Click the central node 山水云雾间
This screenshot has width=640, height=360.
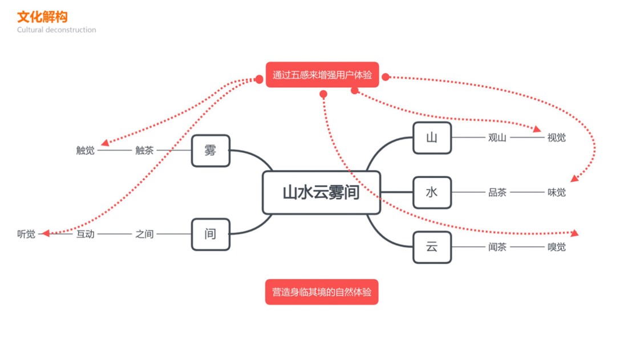click(321, 192)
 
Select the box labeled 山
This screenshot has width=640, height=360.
click(432, 137)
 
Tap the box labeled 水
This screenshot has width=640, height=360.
click(432, 192)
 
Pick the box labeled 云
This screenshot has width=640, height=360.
click(432, 247)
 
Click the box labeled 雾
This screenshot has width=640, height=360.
click(210, 151)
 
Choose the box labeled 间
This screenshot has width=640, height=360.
click(210, 234)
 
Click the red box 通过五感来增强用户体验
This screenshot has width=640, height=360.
click(322, 75)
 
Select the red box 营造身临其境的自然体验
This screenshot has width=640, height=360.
click(322, 292)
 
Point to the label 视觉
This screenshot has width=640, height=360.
click(557, 137)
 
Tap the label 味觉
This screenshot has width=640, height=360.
click(557, 192)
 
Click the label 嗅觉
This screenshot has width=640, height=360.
click(557, 247)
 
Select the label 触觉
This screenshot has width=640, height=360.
click(86, 151)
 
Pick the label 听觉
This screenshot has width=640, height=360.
click(26, 234)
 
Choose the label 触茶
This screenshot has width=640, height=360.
click(144, 151)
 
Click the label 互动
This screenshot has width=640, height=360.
click(86, 234)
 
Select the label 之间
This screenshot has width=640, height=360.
click(144, 234)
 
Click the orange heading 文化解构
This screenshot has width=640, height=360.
click(42, 17)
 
